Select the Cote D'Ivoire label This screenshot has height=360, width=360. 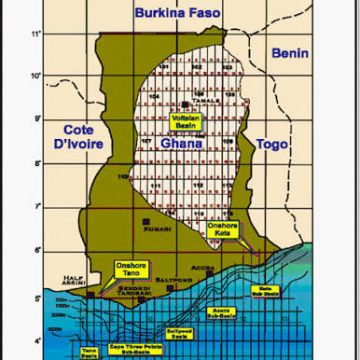(78, 137)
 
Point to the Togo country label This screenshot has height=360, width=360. (271, 144)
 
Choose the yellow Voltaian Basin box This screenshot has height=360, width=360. (186, 120)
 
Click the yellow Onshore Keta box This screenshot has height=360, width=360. (221, 230)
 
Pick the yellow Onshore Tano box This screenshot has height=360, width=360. (132, 268)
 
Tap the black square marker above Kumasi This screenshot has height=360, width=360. (146, 220)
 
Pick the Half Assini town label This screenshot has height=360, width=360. (71, 282)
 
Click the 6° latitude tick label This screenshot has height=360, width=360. (37, 250)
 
